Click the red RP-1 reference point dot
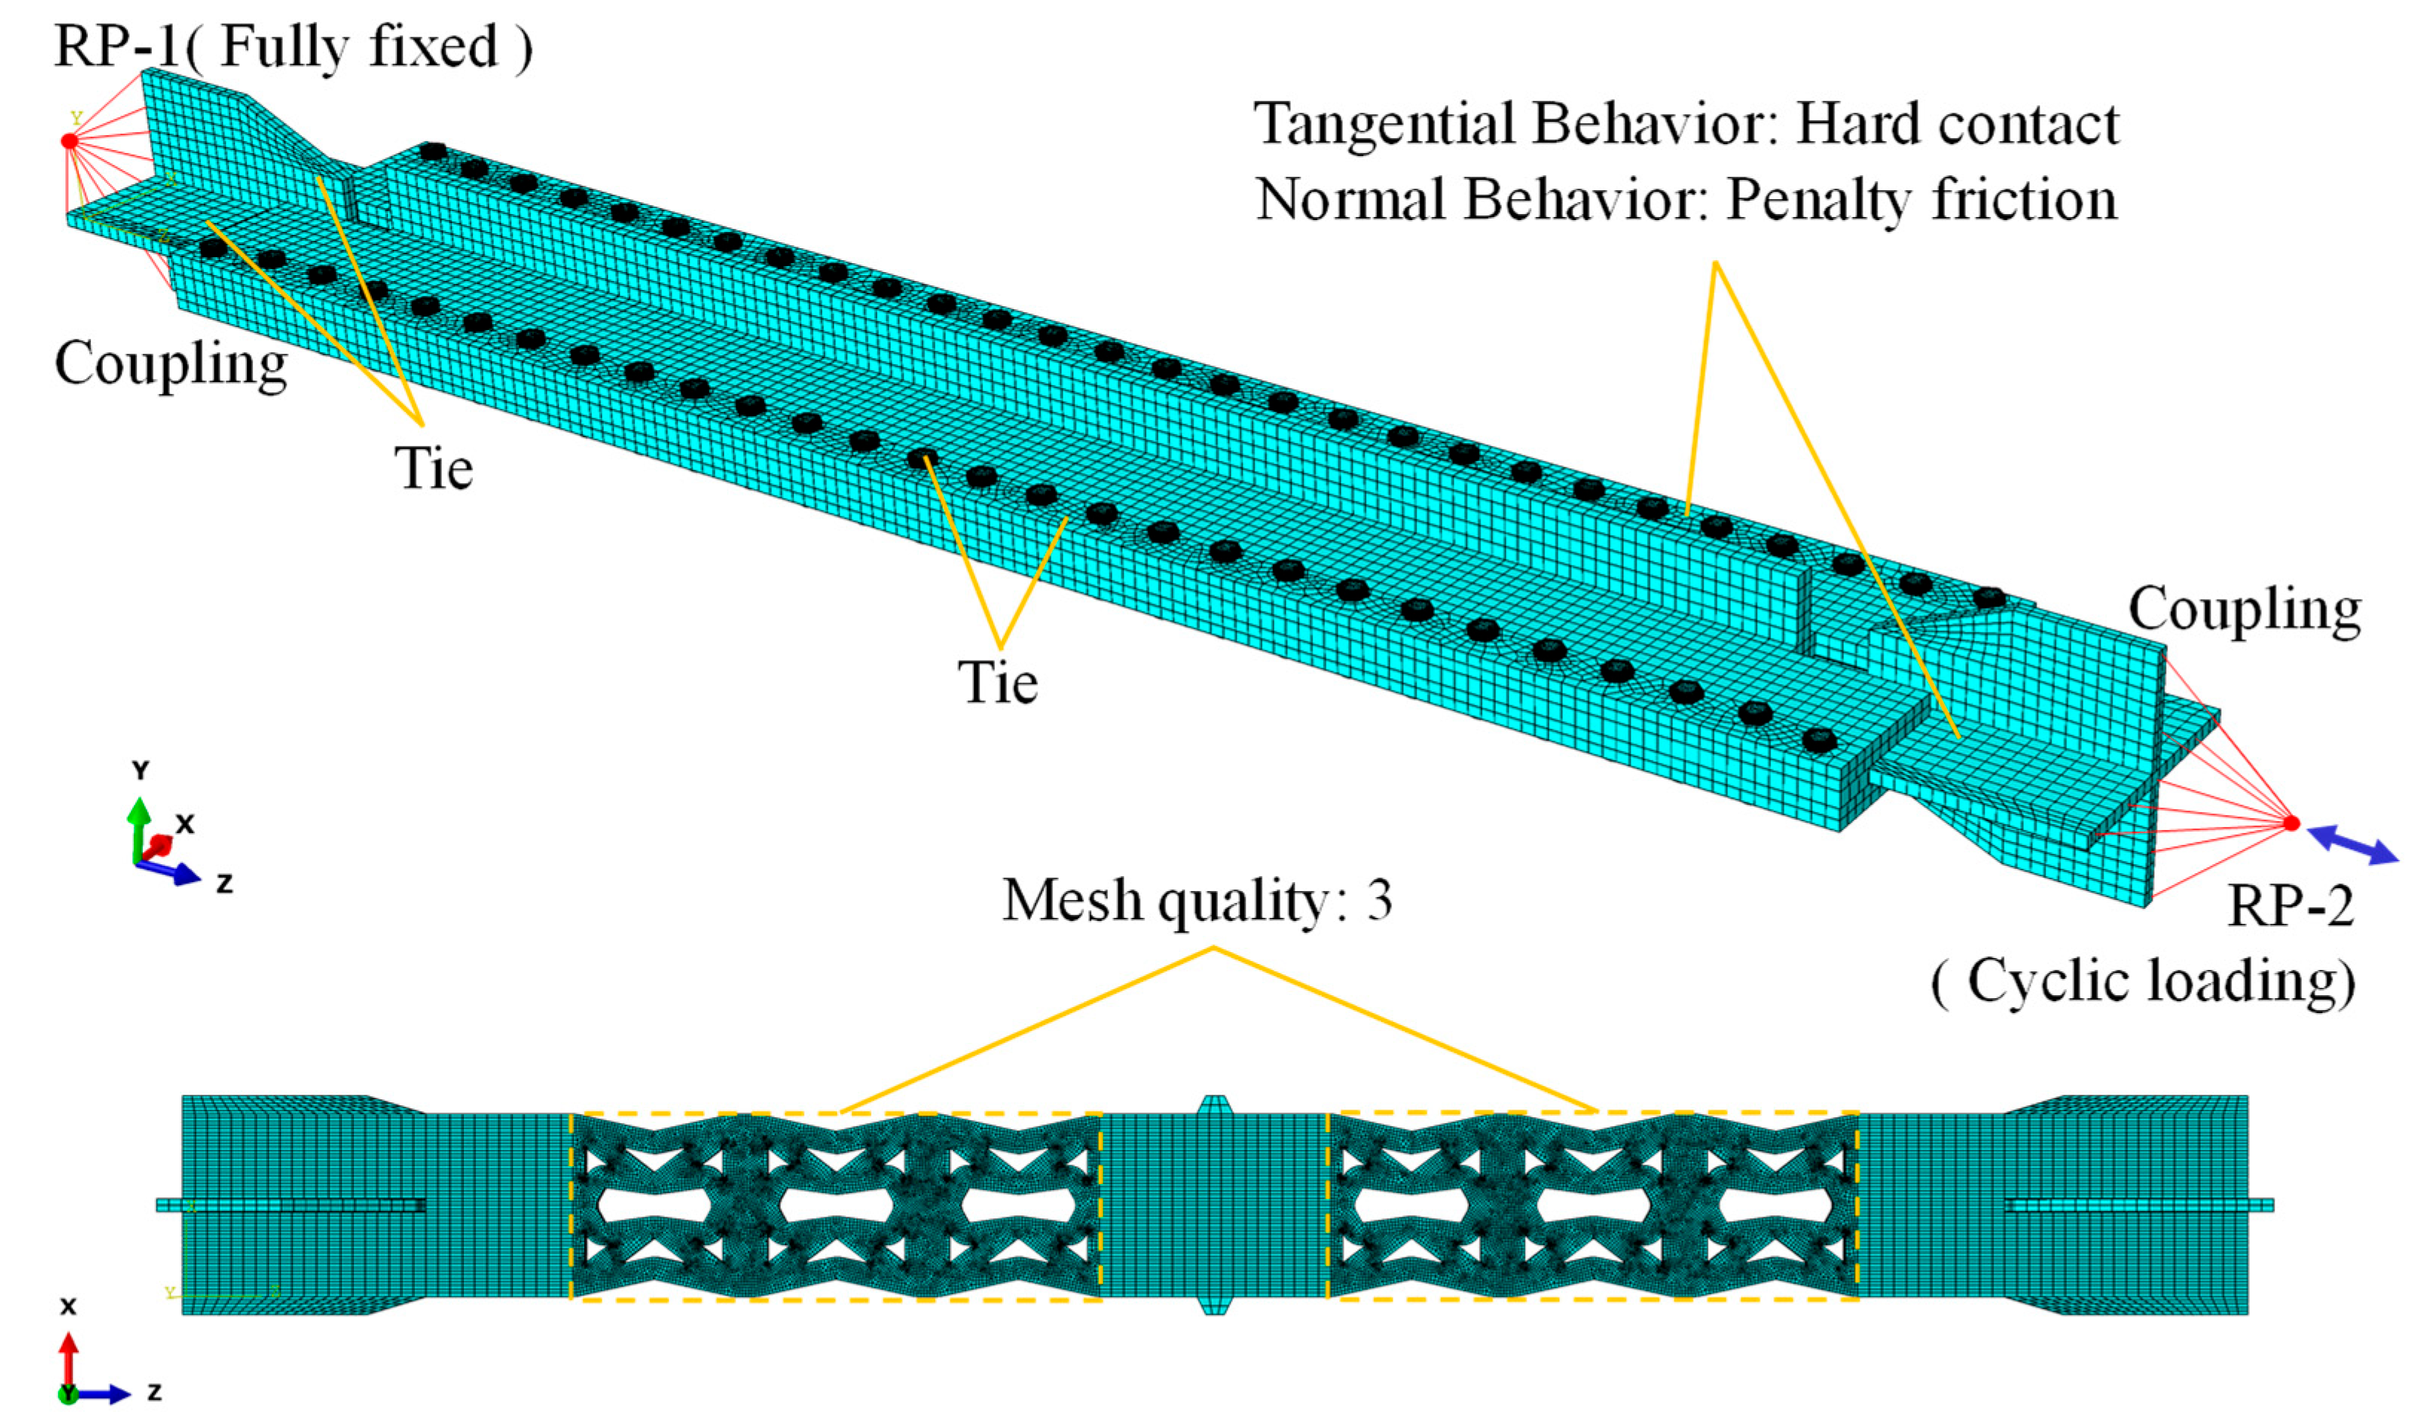pyautogui.click(x=69, y=141)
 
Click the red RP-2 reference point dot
pyautogui.click(x=2291, y=823)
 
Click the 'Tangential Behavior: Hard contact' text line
pyautogui.click(x=1686, y=125)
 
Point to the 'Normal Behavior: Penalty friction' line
pyautogui.click(x=1686, y=200)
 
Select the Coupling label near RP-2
pyautogui.click(x=2244, y=609)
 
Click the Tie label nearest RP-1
pyautogui.click(x=433, y=469)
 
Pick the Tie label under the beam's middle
pyautogui.click(x=998, y=683)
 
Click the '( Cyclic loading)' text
pyautogui.click(x=2143, y=982)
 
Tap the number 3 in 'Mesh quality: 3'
pyautogui.click(x=1377, y=900)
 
